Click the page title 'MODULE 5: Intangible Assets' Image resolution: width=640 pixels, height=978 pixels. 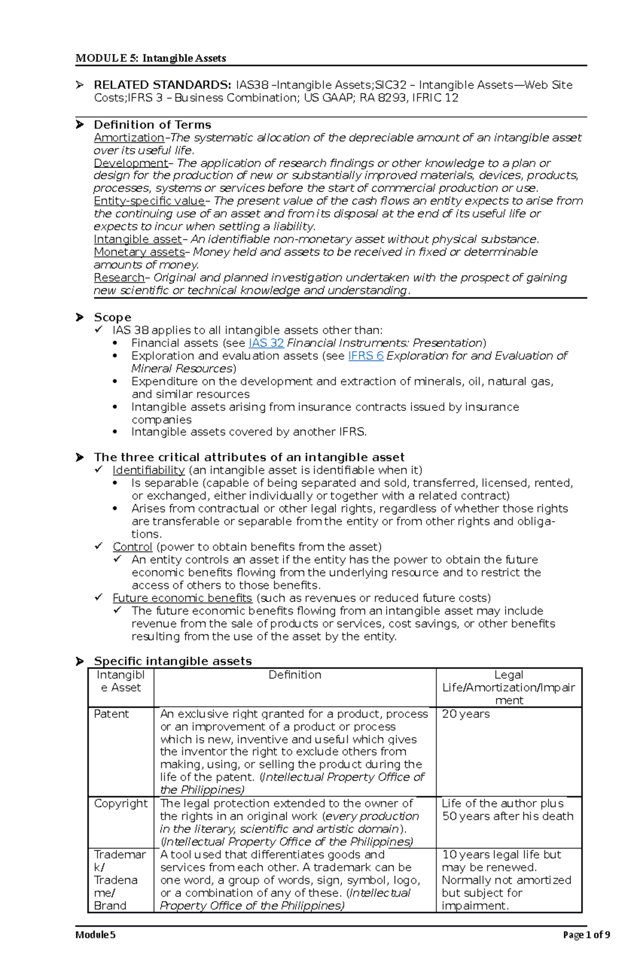coord(151,58)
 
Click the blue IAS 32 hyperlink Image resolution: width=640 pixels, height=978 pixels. coord(266,343)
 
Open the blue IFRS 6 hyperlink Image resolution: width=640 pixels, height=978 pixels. coord(365,356)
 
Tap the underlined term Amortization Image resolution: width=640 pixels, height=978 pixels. coord(129,138)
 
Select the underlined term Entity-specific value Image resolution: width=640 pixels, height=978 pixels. coord(149,201)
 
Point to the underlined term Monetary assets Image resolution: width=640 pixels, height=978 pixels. coord(139,252)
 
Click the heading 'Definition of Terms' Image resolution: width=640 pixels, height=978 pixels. coord(153,125)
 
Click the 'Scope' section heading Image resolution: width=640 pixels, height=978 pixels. coord(112,318)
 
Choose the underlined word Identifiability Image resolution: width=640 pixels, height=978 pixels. coord(148,470)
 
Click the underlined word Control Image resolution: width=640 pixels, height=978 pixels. coord(132,547)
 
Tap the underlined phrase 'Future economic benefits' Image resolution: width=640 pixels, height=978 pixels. coord(182,598)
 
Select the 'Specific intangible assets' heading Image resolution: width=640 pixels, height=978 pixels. coord(172,661)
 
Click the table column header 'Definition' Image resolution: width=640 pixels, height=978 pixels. coord(294,675)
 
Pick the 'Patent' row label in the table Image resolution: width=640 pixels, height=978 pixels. coord(111,714)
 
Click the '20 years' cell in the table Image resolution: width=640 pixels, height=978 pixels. coord(465,714)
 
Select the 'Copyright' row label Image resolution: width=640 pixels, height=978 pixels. coord(121,804)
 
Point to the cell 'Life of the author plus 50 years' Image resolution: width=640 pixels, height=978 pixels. coord(507,810)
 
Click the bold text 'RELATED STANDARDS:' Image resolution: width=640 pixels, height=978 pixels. coord(162,85)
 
